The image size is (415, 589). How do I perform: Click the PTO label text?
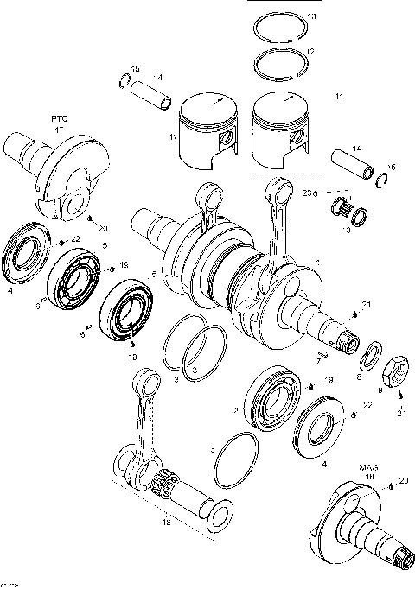[59, 117]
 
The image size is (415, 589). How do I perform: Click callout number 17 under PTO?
[59, 130]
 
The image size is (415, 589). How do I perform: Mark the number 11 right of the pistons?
[339, 96]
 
